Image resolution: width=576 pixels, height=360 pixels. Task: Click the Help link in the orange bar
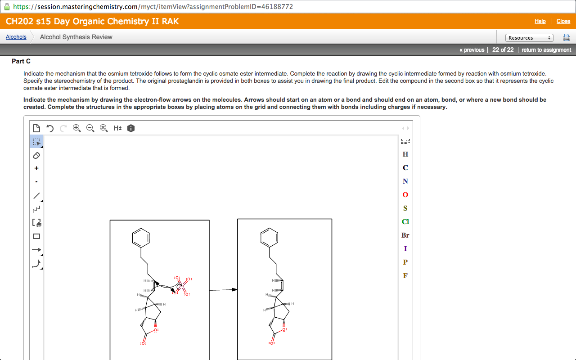[x=540, y=21]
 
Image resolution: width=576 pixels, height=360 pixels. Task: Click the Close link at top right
[x=563, y=21]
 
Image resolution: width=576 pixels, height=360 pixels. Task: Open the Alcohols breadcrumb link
[x=16, y=37]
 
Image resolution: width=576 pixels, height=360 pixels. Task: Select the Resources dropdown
[x=529, y=38]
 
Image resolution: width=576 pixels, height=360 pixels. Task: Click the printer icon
[x=566, y=38]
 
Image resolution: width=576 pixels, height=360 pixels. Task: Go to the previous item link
[x=472, y=49]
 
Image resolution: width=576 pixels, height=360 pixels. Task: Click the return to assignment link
[x=546, y=49]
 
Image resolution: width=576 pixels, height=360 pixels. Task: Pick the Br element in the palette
[x=405, y=235]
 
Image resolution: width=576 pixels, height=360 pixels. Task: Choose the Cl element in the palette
[x=405, y=222]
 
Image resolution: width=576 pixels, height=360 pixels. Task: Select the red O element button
[x=405, y=195]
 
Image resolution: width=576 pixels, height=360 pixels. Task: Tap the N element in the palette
[x=405, y=181]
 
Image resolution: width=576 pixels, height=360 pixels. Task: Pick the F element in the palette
[x=405, y=276]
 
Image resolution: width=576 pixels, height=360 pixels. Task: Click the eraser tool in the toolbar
[x=37, y=155]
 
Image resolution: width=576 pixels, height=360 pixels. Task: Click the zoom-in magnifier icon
[x=77, y=128]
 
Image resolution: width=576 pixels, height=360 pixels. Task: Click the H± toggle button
[x=117, y=128]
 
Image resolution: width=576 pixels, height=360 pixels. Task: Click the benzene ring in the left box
[x=141, y=237]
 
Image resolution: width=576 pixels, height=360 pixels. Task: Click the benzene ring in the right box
[x=269, y=237]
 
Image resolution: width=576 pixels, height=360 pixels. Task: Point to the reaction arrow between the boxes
[x=223, y=290]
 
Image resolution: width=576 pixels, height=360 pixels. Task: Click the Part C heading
[x=21, y=61]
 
